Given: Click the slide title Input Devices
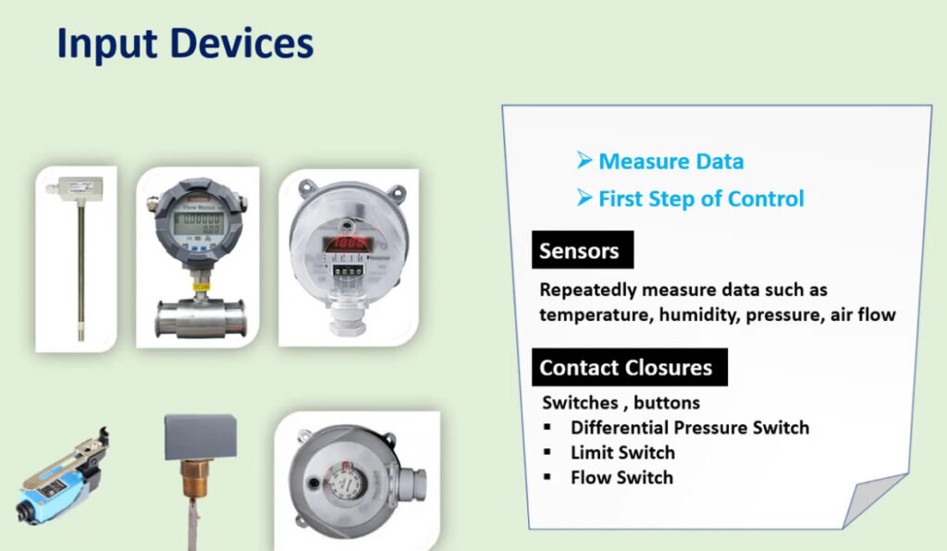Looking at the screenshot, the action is (185, 43).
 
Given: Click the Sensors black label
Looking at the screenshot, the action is (583, 250).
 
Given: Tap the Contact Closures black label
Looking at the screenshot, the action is (630, 367).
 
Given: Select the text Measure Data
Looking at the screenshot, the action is (671, 161).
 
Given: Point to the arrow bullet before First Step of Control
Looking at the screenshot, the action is (584, 197).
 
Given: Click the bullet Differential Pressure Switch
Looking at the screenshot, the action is (690, 427).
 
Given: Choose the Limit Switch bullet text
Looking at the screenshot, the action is (622, 453).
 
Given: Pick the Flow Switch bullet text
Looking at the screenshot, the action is (621, 477).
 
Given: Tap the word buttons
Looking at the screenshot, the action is (667, 402).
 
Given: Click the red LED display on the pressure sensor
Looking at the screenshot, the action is (348, 243).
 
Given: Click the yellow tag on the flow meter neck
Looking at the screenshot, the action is (201, 286).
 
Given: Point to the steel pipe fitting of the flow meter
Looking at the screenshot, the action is (201, 317).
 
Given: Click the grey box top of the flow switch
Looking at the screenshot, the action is (201, 436).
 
